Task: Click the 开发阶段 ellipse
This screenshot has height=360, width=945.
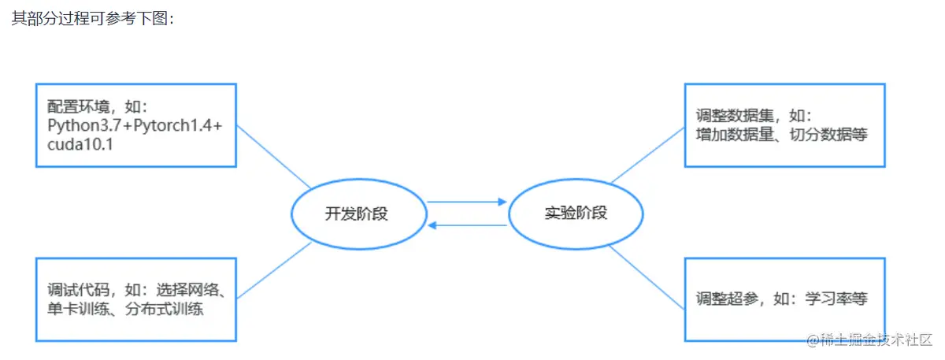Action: (x=358, y=213)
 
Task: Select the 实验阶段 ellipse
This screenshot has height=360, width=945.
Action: (x=576, y=213)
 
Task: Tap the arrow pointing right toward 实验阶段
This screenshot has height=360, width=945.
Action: (x=467, y=202)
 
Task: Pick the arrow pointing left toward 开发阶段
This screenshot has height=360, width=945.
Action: (x=467, y=226)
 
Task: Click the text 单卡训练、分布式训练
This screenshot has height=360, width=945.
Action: (x=125, y=309)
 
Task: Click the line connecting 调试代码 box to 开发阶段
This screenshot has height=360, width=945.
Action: (x=273, y=271)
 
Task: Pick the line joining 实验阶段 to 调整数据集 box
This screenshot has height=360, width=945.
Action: (x=647, y=157)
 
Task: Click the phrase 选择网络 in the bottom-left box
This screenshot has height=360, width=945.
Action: (x=194, y=291)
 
